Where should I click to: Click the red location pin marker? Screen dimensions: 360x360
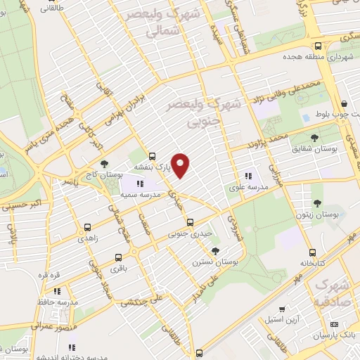pyautogui.click(x=181, y=164)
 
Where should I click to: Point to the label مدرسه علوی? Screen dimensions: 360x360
pyautogui.click(x=247, y=187)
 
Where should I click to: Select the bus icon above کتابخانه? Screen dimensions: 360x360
pyautogui.click(x=311, y=251)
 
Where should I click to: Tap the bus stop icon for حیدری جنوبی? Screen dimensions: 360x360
pyautogui.click(x=190, y=222)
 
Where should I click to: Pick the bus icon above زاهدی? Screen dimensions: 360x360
pyautogui.click(x=87, y=228)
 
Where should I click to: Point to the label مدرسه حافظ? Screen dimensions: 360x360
pyautogui.click(x=58, y=302)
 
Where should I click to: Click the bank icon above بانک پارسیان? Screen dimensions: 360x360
pyautogui.click(x=333, y=324)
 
